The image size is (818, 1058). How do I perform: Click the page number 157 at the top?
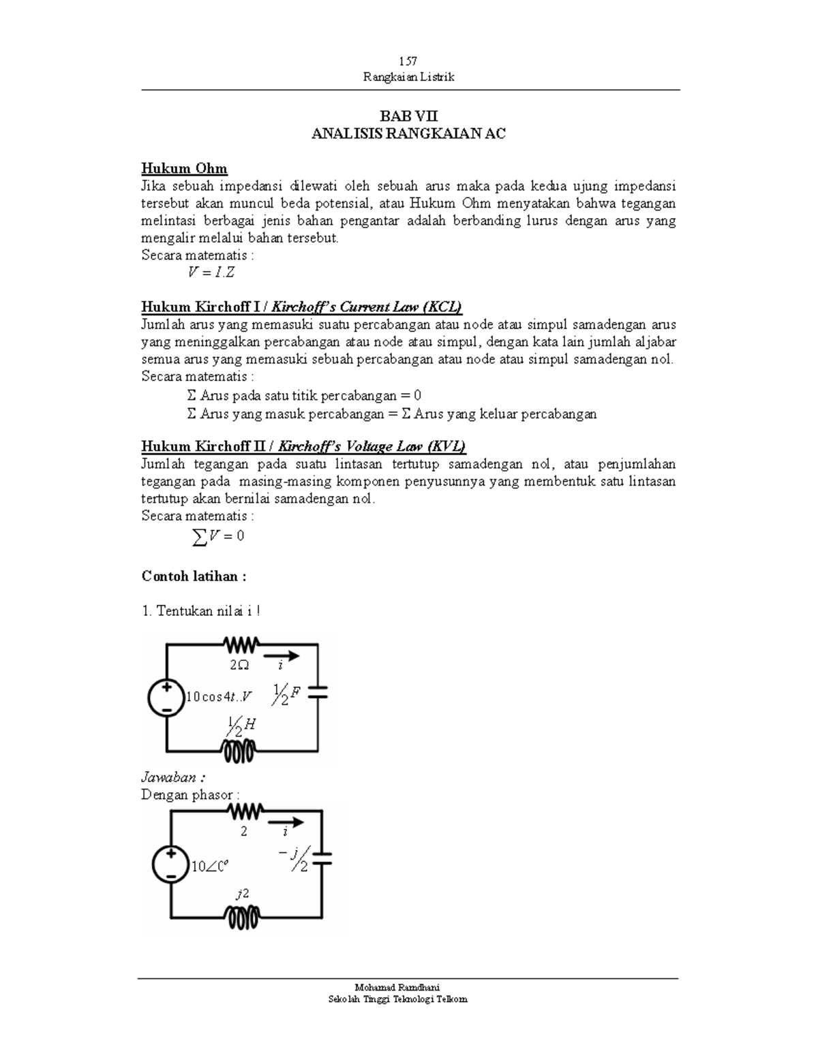pyautogui.click(x=408, y=61)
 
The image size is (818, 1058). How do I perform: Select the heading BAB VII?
pyautogui.click(x=408, y=116)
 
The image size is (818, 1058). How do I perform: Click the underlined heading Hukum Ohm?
pyautogui.click(x=184, y=169)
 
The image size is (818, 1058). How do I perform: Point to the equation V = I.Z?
pyautogui.click(x=211, y=273)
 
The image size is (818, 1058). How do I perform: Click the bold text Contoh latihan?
pyautogui.click(x=194, y=576)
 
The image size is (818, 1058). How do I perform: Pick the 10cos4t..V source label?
pyautogui.click(x=219, y=696)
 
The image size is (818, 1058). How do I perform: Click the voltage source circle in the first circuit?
pyautogui.click(x=167, y=698)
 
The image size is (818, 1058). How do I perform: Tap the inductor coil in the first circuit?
pyautogui.click(x=239, y=751)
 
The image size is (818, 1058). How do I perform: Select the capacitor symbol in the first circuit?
pyautogui.click(x=318, y=693)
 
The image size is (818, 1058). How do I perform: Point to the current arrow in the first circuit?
pyautogui.click(x=284, y=656)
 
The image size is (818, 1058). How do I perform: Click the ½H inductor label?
pyautogui.click(x=241, y=726)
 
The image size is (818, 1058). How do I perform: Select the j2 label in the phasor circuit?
pyautogui.click(x=242, y=894)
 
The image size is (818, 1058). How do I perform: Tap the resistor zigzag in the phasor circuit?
pyautogui.click(x=246, y=811)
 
